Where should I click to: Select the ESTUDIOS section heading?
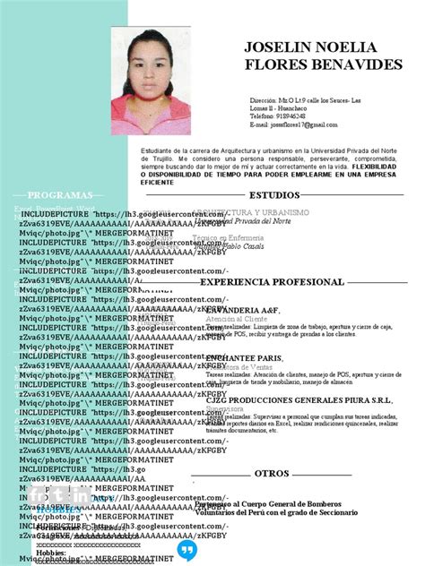[x=274, y=194]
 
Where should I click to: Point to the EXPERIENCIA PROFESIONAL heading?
[x=272, y=282]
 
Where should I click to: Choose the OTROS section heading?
[x=272, y=472]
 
